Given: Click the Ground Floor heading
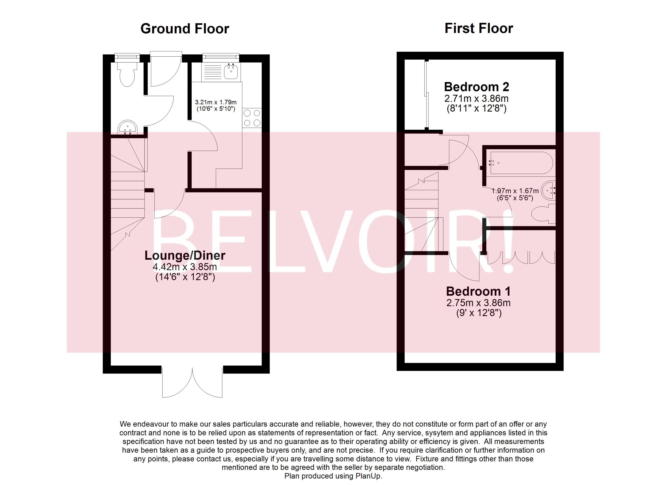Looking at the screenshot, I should pyautogui.click(x=185, y=29).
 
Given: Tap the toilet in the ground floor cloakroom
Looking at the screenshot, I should pyautogui.click(x=127, y=74).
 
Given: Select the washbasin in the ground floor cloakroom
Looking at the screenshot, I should pyautogui.click(x=127, y=128).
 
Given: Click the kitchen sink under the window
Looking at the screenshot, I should pyautogui.click(x=231, y=72).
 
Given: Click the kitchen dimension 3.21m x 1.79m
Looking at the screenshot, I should pyautogui.click(x=216, y=102).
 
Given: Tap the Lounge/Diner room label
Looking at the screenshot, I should pyautogui.click(x=185, y=255).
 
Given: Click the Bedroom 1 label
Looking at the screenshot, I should pyautogui.click(x=478, y=291).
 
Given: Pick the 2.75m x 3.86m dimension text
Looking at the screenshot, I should pyautogui.click(x=478, y=303).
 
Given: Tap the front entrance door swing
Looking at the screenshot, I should pyautogui.click(x=165, y=71).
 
